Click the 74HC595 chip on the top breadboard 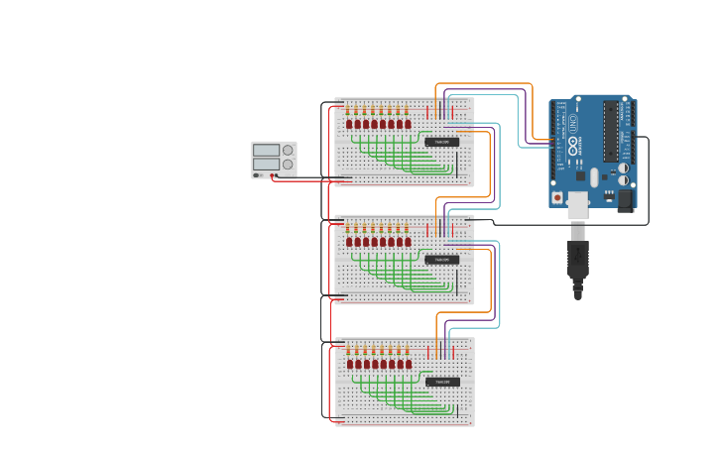coord(442,142)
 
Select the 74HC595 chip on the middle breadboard coord(442,260)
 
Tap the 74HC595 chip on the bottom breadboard coord(442,382)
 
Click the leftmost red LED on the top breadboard coord(349,124)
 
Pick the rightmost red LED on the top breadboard coord(408,124)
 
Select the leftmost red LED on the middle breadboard coord(349,242)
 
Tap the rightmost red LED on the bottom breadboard coord(408,364)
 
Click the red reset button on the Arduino coord(557,197)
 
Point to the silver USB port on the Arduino coord(577,203)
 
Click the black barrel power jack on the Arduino coord(625,200)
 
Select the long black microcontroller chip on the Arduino coord(610,131)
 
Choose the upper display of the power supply coord(266,150)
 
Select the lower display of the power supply coord(266,164)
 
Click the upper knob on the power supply coord(288,150)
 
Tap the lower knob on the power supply coord(288,164)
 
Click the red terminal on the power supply coord(273,175)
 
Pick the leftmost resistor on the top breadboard coord(349,109)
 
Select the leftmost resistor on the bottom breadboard coord(349,350)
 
